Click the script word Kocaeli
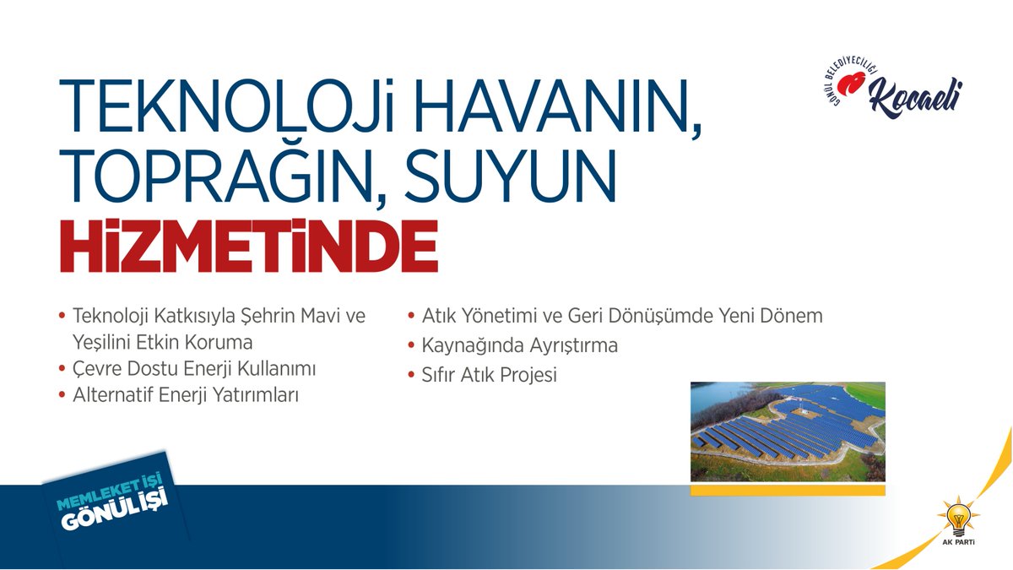(915, 95)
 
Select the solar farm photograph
(788, 432)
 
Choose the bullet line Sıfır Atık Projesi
(489, 375)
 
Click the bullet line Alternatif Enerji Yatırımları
(186, 394)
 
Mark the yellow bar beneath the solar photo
(788, 490)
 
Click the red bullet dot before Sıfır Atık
(411, 375)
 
